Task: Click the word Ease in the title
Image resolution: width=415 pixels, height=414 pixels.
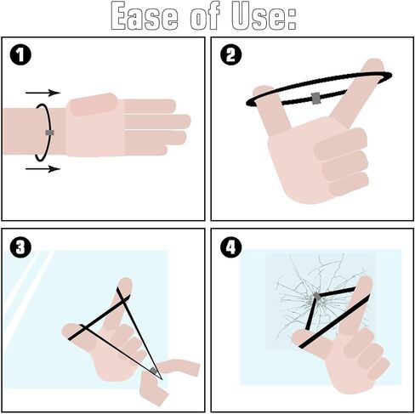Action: point(145,16)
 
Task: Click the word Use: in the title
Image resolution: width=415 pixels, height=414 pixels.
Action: point(264,16)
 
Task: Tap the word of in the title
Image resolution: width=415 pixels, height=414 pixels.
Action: point(205,16)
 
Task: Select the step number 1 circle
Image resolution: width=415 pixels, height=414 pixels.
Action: point(20,55)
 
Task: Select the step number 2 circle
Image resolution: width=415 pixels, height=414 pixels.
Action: point(231,54)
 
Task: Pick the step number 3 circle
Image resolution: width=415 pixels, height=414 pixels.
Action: point(20,247)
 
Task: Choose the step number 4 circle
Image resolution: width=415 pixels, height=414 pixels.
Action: point(231,247)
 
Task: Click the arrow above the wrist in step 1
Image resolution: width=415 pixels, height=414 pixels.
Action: point(43,93)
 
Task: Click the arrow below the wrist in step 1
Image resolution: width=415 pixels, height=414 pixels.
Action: point(43,169)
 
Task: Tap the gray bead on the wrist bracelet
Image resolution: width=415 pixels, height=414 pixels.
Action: point(49,133)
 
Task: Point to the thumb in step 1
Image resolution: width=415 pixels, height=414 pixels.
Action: point(94,104)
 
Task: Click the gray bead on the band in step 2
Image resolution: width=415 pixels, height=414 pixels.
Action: point(316,98)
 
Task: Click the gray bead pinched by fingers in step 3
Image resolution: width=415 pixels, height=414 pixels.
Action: point(154,370)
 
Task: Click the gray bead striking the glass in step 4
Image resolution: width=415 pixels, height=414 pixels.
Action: point(317,297)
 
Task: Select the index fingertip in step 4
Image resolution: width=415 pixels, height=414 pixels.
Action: point(365,282)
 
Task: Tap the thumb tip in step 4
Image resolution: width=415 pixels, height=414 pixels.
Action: point(298,337)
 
